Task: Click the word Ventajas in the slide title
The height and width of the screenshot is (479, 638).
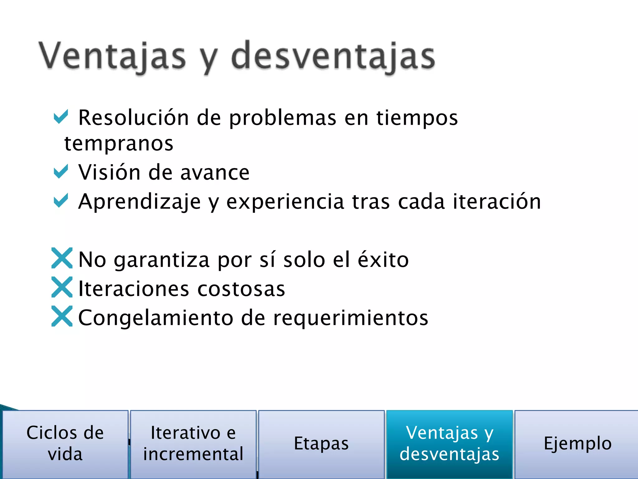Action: [x=112, y=56]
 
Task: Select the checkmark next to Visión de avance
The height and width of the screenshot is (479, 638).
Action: [x=61, y=172]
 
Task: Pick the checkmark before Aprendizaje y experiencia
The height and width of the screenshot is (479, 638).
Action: [x=61, y=201]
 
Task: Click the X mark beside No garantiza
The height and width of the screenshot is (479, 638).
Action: [x=62, y=258]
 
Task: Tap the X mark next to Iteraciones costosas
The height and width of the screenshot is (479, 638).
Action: [x=62, y=287]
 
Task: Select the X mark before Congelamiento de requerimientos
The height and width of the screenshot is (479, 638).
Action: [x=62, y=316]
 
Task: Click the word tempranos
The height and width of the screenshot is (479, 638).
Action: [x=119, y=144]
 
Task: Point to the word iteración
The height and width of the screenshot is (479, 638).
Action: [x=497, y=201]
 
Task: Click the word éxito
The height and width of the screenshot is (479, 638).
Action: [x=383, y=259]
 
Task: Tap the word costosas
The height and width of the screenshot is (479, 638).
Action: [x=241, y=289]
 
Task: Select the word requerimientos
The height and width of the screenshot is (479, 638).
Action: [x=350, y=318]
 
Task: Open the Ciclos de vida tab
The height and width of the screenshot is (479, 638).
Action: [x=65, y=443]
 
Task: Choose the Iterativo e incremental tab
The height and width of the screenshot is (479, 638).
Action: [x=193, y=443]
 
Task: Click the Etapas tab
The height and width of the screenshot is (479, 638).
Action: [x=321, y=443]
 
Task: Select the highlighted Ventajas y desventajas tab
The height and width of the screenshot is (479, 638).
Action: [x=450, y=443]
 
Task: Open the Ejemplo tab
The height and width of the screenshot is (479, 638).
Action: [x=577, y=443]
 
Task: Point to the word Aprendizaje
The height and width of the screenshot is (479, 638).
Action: [x=140, y=202]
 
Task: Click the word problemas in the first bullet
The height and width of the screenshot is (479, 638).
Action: [x=283, y=118]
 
